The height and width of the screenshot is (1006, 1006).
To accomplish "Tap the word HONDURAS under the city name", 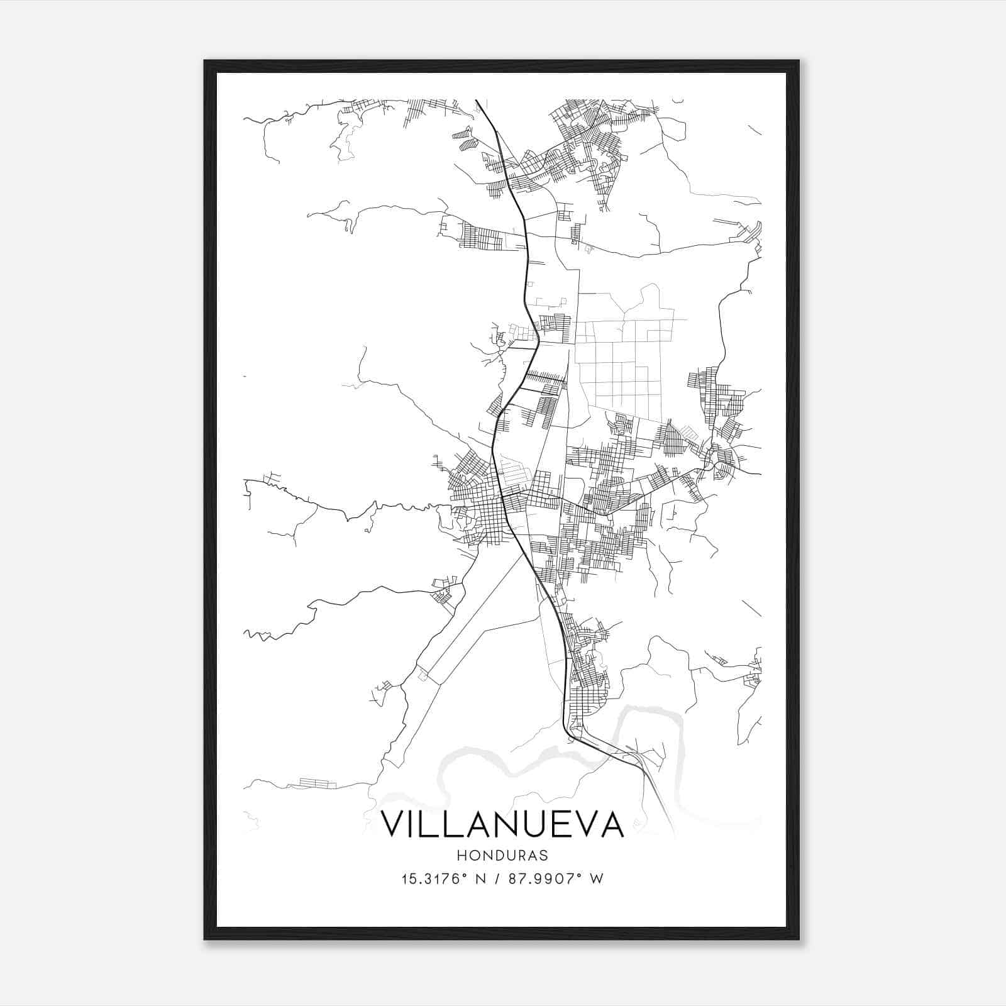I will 503,856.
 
